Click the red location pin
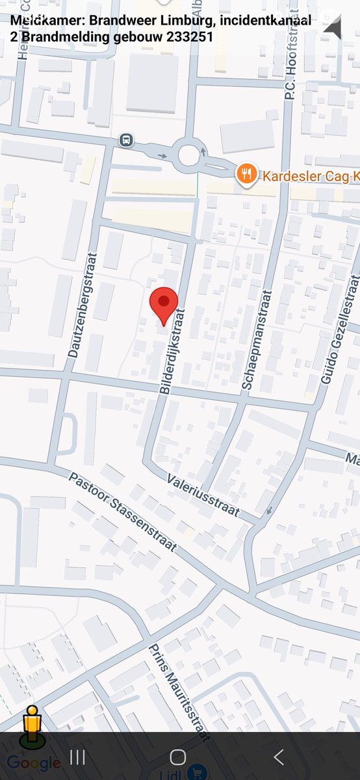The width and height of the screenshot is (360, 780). click(164, 304)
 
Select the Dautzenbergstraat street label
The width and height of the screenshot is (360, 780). click(82, 305)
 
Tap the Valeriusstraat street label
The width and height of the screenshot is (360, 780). click(203, 493)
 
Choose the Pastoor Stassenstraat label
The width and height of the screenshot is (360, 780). click(123, 512)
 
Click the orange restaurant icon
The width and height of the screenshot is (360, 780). click(246, 174)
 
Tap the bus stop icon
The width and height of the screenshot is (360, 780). click(126, 140)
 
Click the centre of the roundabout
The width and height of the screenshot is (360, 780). click(188, 155)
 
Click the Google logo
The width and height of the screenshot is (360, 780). click(34, 763)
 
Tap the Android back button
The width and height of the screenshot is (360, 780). click(279, 757)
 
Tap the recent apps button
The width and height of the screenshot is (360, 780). click(77, 757)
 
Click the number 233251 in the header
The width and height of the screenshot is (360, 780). click(190, 37)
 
